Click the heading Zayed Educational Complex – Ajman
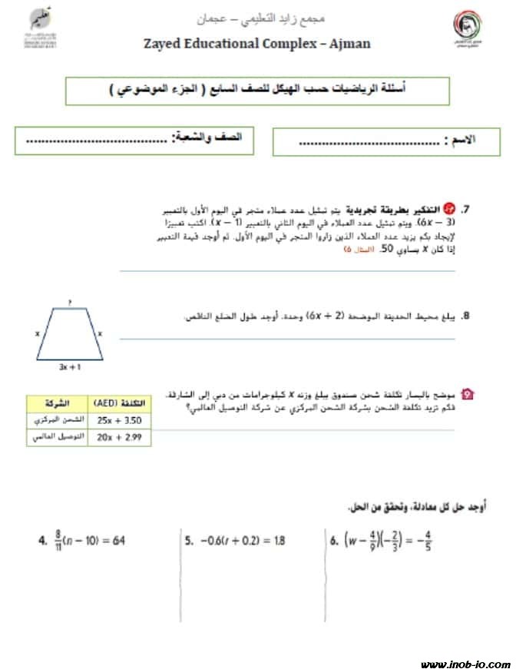(257, 43)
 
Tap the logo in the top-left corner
(31, 28)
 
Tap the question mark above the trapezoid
(70, 303)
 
